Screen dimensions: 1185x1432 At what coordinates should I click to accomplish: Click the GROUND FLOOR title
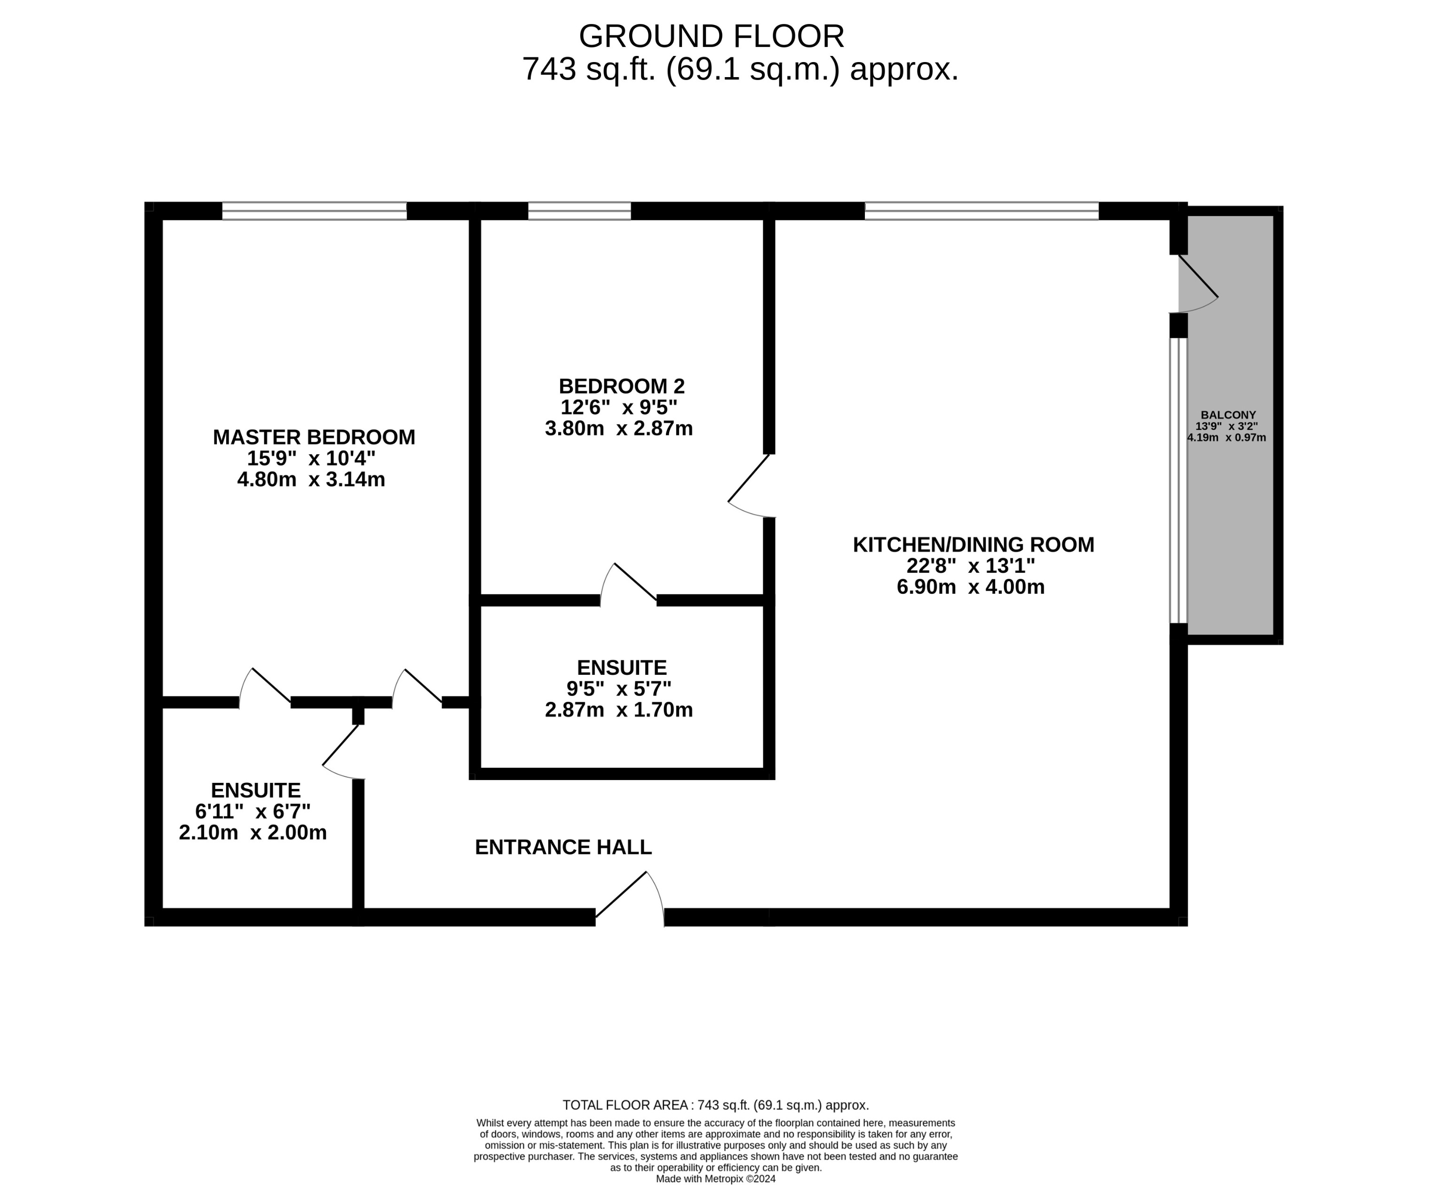coord(711,37)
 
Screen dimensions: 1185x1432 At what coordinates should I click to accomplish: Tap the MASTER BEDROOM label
coord(314,437)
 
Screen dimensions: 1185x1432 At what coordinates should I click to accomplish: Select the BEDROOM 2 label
coord(621,387)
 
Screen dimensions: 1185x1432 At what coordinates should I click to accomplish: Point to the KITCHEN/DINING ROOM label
coord(973,545)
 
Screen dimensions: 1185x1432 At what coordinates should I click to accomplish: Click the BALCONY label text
coord(1228,415)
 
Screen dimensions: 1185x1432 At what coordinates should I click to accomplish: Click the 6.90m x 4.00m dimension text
coord(970,587)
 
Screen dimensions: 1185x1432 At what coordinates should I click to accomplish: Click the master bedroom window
coord(314,211)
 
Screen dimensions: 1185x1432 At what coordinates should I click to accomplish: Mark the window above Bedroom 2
coord(579,211)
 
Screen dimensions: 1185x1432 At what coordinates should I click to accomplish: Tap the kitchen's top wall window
coord(981,211)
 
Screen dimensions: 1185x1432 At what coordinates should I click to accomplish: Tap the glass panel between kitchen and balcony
coord(1179,480)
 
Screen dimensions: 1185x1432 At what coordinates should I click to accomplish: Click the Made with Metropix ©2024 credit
coord(715,1178)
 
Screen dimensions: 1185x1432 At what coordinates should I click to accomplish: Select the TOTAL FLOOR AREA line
coord(715,1105)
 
